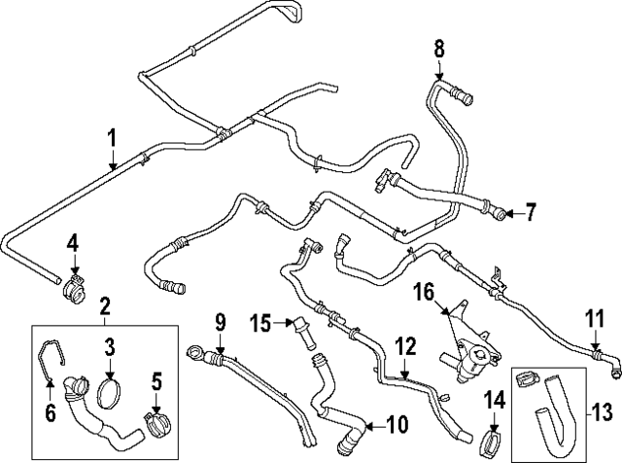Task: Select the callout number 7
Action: tap(531, 211)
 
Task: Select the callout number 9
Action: tap(220, 320)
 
